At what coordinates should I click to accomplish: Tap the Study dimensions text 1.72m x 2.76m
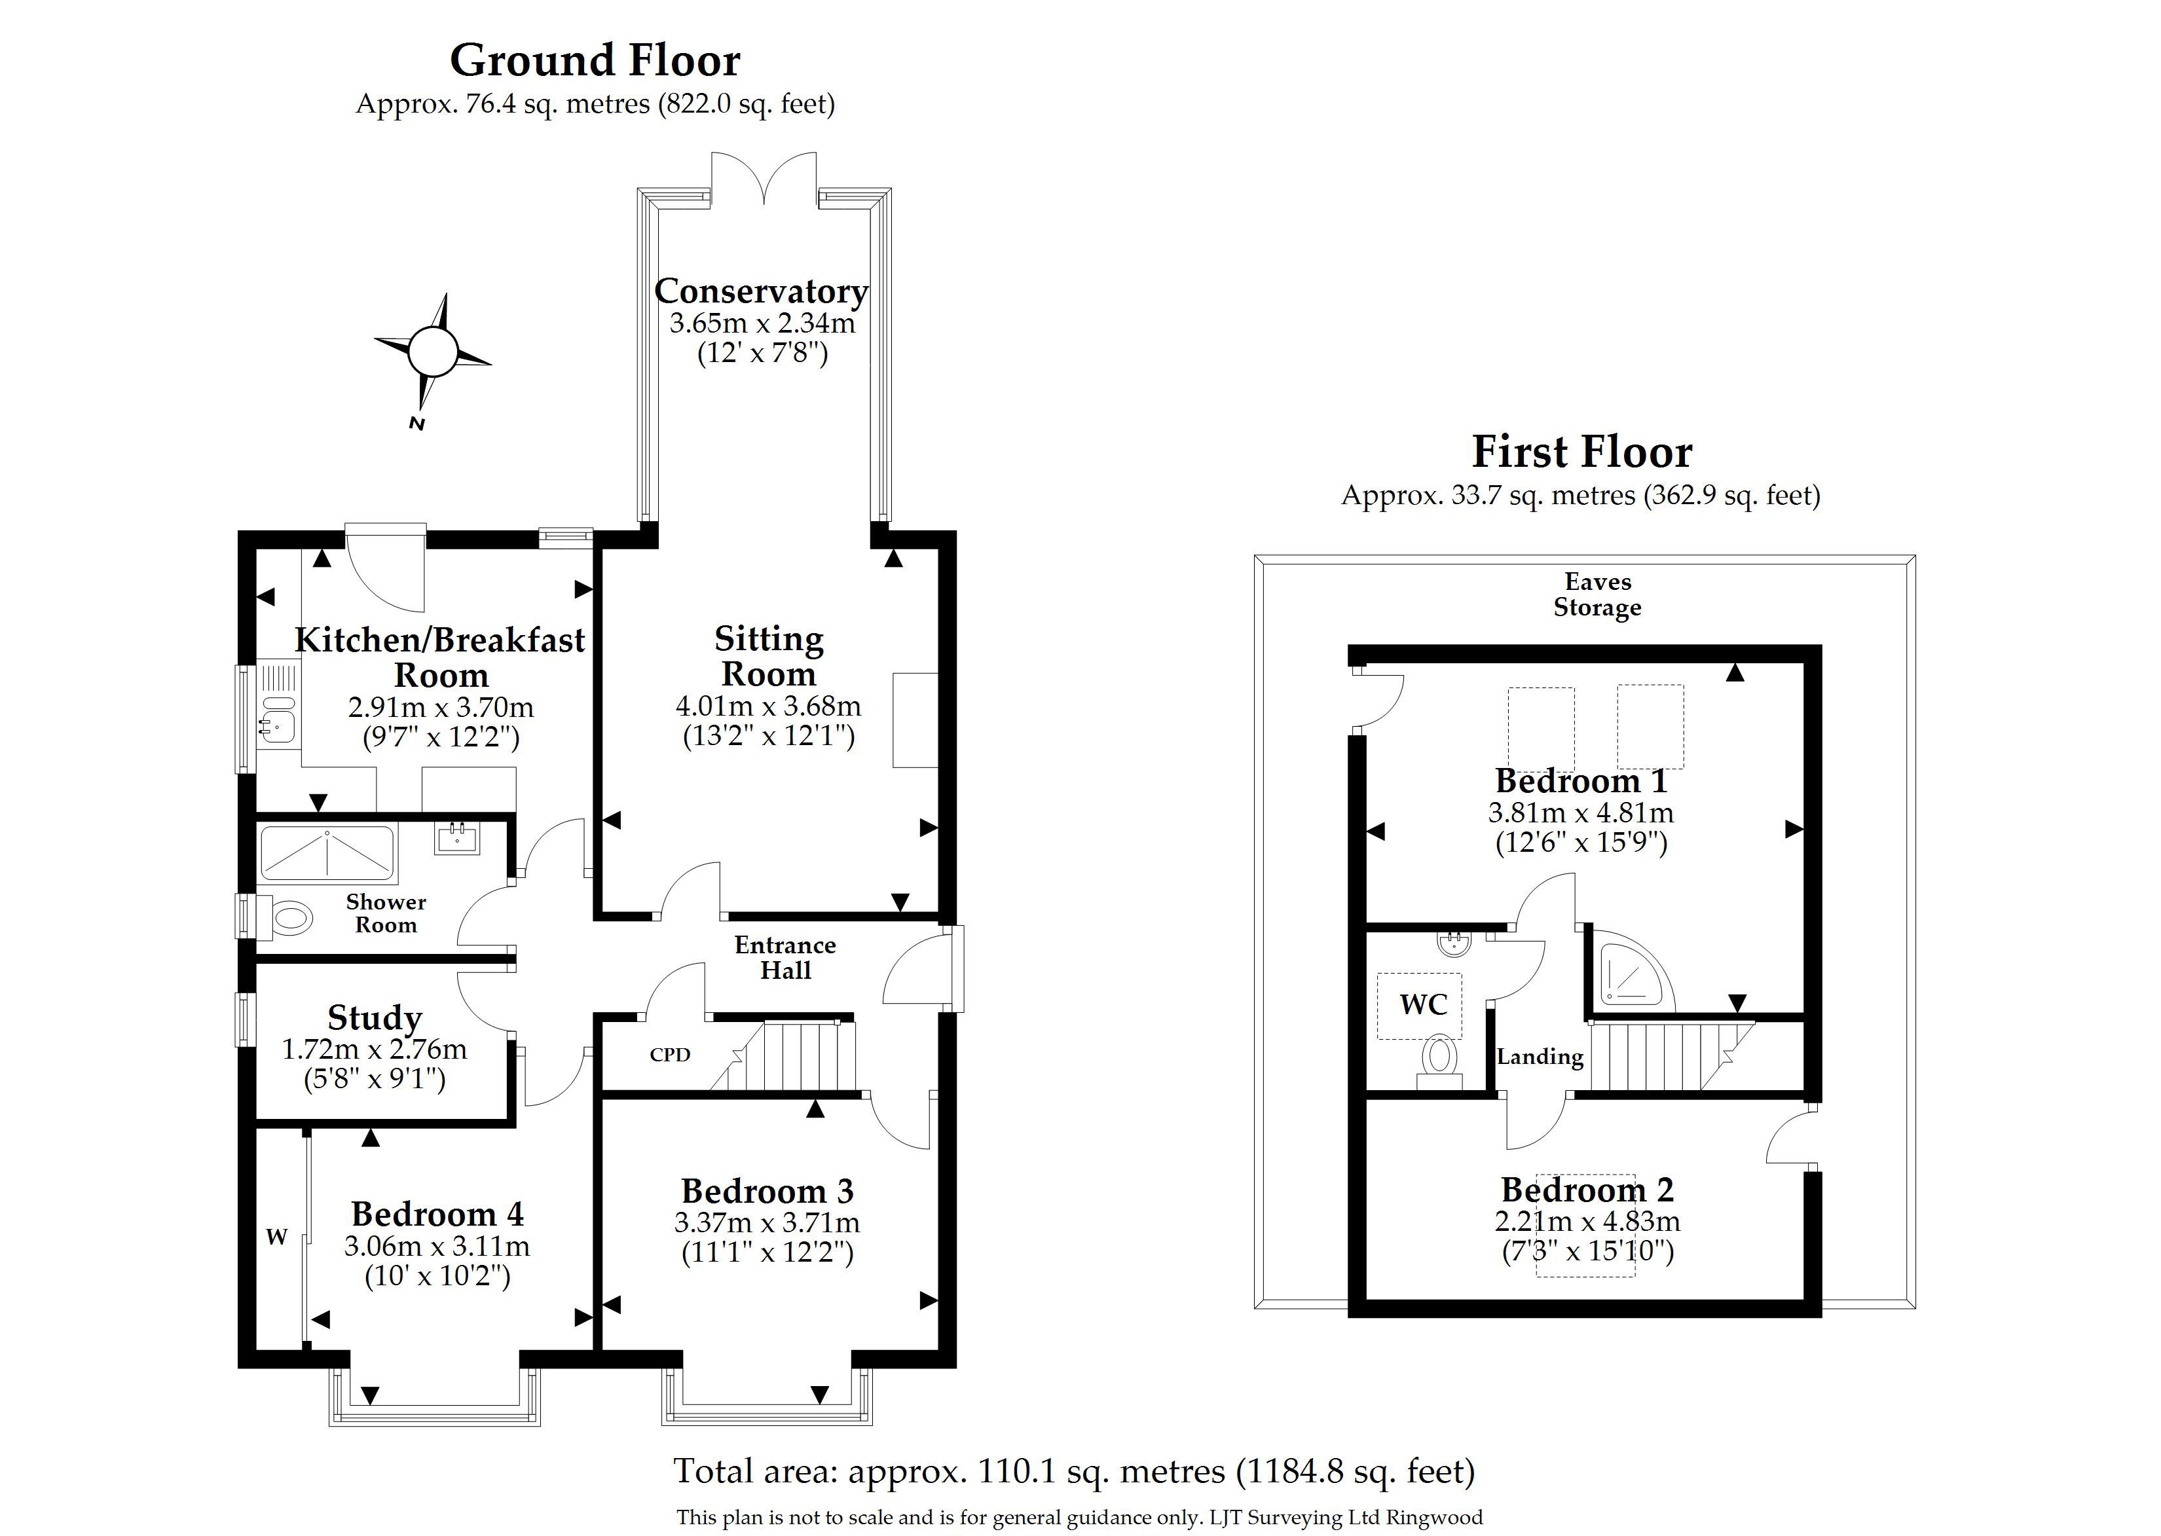[375, 1049]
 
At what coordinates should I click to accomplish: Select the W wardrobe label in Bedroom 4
[276, 1236]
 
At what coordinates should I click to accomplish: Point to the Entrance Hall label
[785, 957]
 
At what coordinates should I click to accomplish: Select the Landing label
[1540, 1057]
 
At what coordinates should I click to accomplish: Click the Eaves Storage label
[1597, 594]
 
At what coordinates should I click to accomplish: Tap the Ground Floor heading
[595, 60]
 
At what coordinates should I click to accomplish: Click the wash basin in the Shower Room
[458, 838]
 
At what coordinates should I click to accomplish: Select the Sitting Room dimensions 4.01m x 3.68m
[768, 706]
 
